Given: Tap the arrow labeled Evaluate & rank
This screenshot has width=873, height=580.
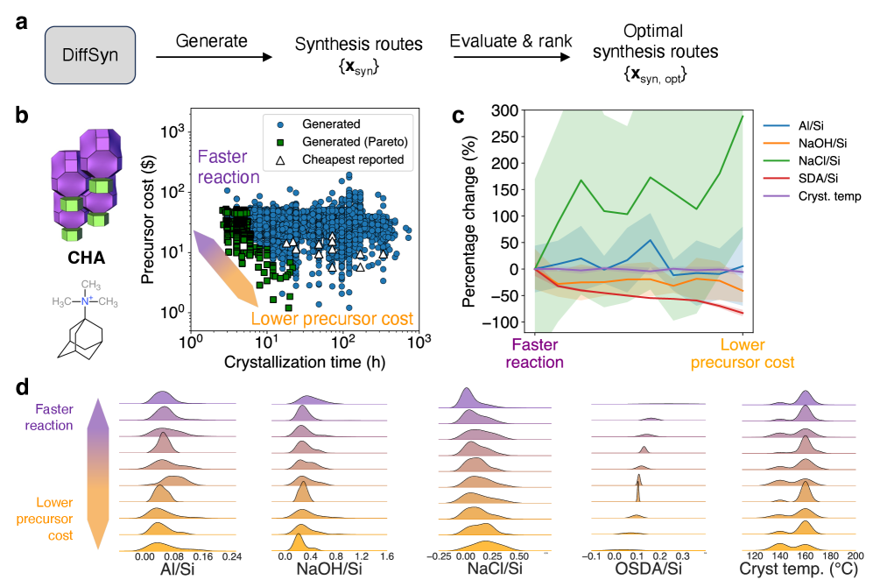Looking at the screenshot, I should pos(507,59).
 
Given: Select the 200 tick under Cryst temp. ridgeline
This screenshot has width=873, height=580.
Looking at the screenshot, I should pos(848,555).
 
